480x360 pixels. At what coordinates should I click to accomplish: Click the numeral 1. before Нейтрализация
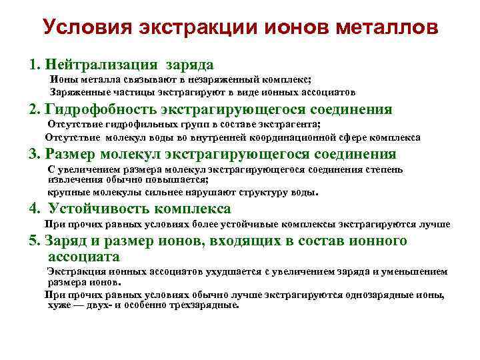pos(34,65)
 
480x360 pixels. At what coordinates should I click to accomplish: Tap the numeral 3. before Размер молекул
pos(35,153)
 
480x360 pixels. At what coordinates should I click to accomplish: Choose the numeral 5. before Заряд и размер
pos(35,241)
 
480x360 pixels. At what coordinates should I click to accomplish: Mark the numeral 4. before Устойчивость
pos(35,208)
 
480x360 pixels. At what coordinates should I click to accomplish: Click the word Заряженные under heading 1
pos(75,92)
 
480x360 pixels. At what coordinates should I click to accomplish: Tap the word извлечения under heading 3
pos(70,179)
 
